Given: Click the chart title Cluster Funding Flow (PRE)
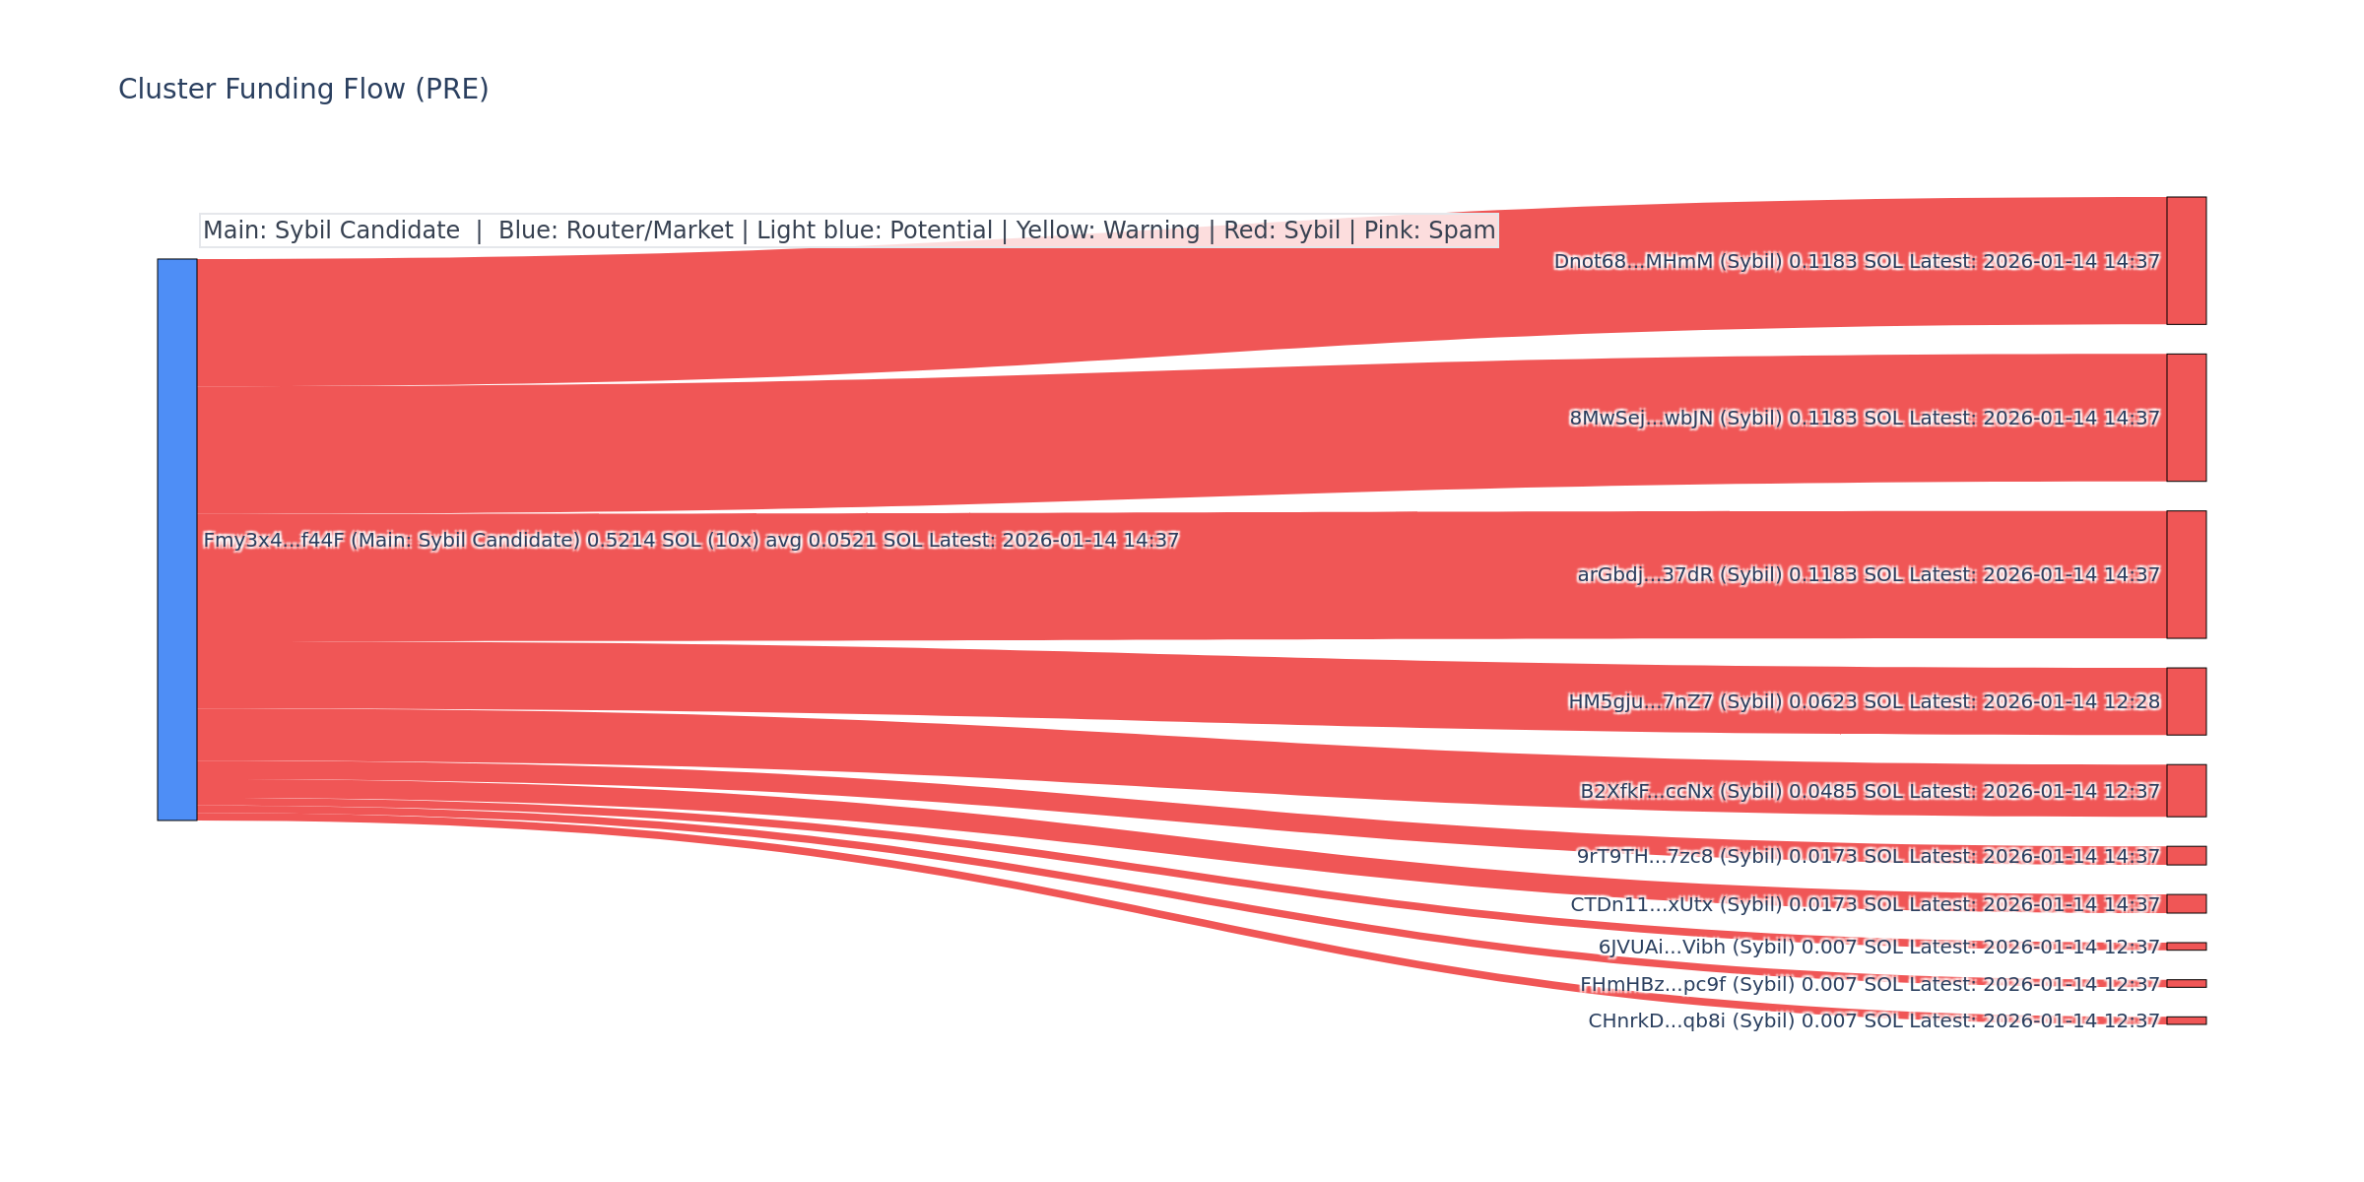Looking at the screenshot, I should click(x=303, y=90).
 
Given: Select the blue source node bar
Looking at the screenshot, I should click(x=177, y=539).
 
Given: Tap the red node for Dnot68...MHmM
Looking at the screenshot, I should click(x=2186, y=261).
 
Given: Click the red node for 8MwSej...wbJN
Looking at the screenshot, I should click(x=2186, y=418).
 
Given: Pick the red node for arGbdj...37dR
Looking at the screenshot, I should click(x=2186, y=574).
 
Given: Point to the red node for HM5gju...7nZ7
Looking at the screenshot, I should click(x=2186, y=701).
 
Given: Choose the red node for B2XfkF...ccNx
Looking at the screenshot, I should click(x=2186, y=791).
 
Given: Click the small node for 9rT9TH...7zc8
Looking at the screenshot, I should click(x=2186, y=856).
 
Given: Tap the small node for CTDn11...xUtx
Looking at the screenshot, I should click(x=2186, y=904).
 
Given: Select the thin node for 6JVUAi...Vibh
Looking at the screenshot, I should click(x=2186, y=947).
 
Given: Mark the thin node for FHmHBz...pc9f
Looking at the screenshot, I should click(x=2186, y=984).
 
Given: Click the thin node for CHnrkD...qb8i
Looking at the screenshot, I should click(x=2186, y=1020).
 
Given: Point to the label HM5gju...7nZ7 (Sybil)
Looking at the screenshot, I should click(x=1674, y=702).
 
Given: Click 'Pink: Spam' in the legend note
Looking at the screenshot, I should click(x=1429, y=230).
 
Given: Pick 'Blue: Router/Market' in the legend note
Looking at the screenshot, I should click(x=616, y=230).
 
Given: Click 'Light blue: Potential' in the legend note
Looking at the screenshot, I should click(x=875, y=230).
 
